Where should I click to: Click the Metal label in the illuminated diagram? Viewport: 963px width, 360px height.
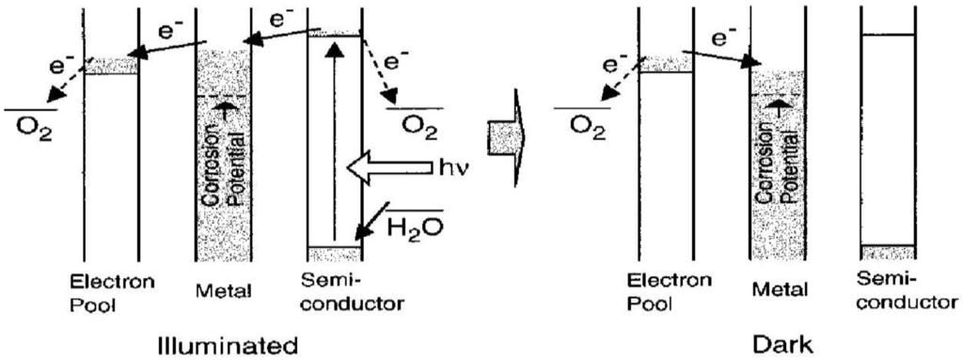click(x=225, y=291)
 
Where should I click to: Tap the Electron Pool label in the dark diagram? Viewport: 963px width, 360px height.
click(x=665, y=290)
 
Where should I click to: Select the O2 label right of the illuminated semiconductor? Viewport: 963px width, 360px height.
click(x=417, y=124)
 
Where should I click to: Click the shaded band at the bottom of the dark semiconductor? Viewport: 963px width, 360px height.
click(x=887, y=252)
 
